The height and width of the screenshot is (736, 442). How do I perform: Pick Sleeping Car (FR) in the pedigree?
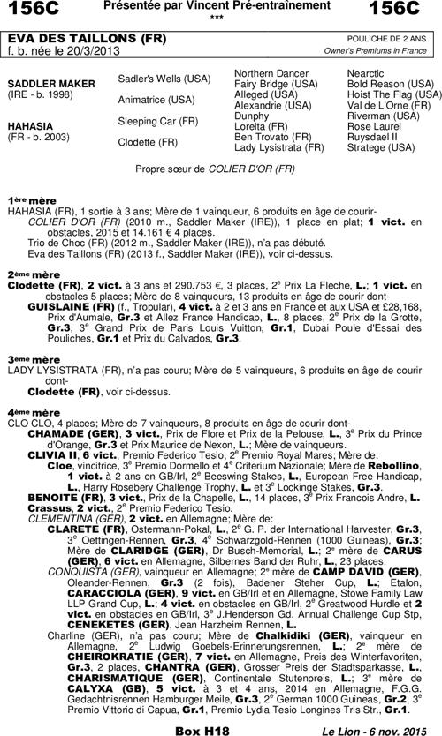[157, 120]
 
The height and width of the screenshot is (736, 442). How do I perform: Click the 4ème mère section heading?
[33, 411]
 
